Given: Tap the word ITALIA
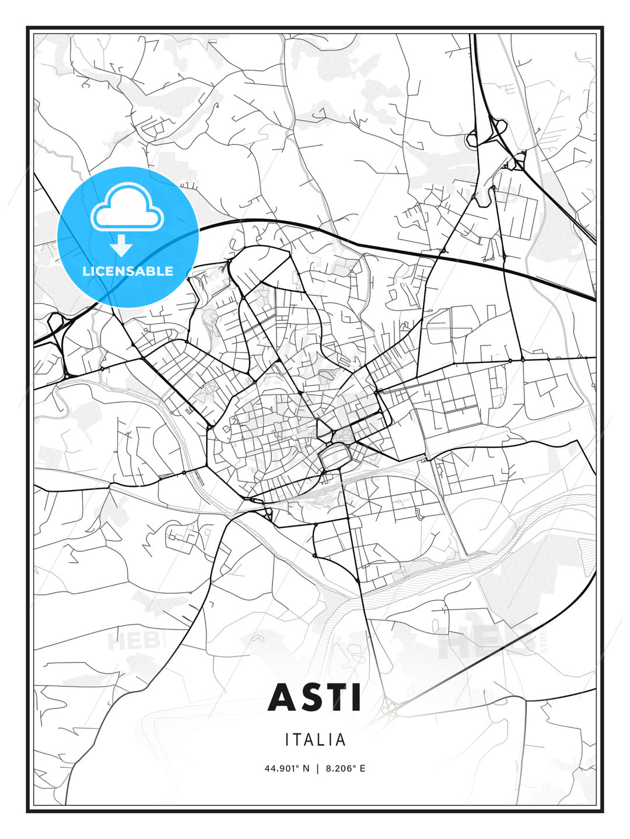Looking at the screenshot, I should point(315,740).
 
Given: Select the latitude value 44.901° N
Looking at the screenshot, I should point(288,769).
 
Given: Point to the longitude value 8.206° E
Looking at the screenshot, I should point(346,769).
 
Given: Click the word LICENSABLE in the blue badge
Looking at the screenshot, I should point(128,271).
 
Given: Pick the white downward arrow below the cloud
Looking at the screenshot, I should point(121,245).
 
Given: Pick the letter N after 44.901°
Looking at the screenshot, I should point(307,769).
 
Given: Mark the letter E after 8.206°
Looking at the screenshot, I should point(362,769).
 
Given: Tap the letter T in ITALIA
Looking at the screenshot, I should point(297,740).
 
